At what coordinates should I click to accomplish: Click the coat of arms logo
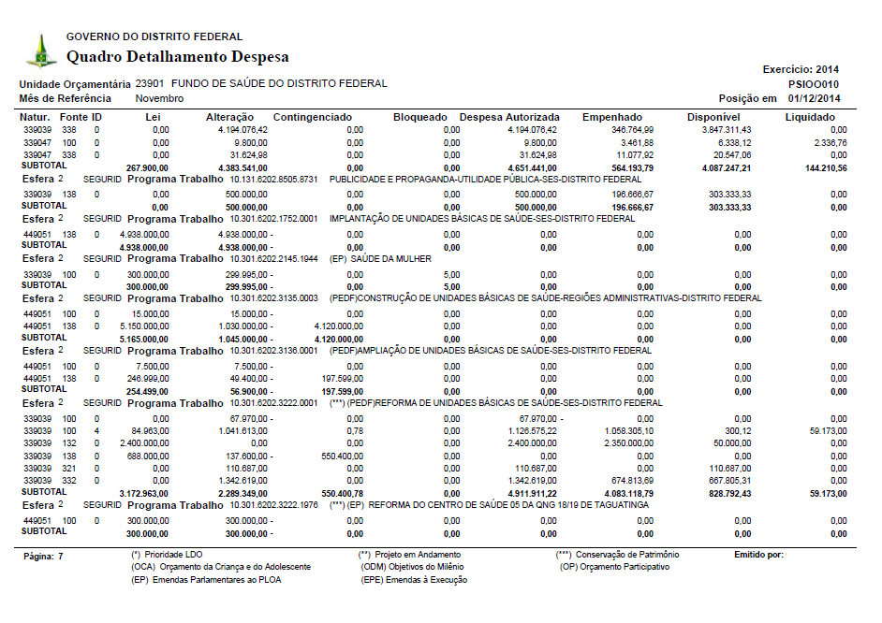click(40, 51)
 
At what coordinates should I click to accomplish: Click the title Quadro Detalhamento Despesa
click(178, 57)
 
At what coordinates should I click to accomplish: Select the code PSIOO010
click(816, 83)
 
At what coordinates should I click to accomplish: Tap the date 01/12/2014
click(815, 98)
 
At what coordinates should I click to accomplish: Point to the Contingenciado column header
click(313, 117)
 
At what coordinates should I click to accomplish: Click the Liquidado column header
click(810, 117)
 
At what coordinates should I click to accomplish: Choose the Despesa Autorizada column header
click(509, 117)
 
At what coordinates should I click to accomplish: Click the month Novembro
click(160, 98)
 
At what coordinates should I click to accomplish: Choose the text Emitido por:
click(759, 555)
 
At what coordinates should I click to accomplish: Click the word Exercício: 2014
click(801, 69)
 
